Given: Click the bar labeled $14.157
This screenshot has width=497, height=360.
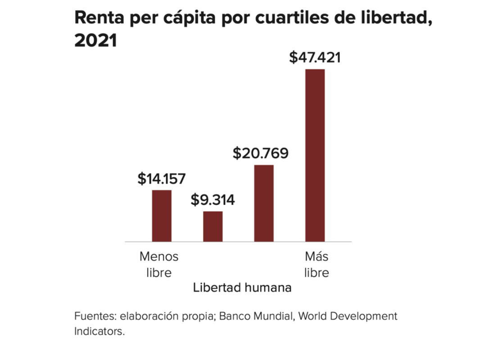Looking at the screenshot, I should point(161,216).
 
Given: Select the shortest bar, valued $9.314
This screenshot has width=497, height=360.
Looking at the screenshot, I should point(213,226).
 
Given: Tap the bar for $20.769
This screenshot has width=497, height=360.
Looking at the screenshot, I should point(264,203).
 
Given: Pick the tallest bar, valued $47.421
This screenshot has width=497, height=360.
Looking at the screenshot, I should point(315,155).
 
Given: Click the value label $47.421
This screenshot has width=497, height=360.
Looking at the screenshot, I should point(315,58).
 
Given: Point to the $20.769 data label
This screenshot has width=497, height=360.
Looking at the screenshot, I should point(260,153).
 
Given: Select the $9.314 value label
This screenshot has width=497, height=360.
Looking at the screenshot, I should point(212,200).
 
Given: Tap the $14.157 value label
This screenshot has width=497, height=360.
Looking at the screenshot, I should point(161,179).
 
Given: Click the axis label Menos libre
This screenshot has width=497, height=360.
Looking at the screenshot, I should point(159,265).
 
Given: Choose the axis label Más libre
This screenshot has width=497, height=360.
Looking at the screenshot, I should point(316,265).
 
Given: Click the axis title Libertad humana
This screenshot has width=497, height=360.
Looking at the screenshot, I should point(242,288).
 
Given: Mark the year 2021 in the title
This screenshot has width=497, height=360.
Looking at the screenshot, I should point(95,41).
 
